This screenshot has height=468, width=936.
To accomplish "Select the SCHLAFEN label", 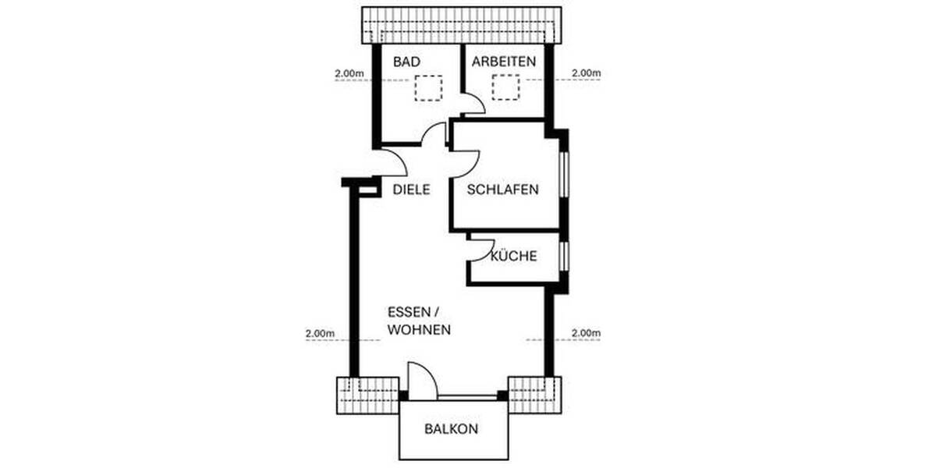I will point(503,190).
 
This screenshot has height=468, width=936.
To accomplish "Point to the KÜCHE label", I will point(514,255).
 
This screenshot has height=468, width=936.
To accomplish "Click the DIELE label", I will point(412,190).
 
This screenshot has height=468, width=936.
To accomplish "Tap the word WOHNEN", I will point(420,330).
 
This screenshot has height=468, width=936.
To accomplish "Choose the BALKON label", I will point(452,429).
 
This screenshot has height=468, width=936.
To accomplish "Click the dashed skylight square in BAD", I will point(427,88).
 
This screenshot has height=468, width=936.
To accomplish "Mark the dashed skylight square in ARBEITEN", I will point(506,88).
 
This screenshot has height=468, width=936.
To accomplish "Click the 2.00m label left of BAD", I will point(349,74).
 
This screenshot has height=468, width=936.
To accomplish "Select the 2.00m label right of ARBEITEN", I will point(586,74).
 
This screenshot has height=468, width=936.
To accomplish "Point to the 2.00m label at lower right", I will point(586,333).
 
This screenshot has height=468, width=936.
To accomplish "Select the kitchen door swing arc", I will point(477,249).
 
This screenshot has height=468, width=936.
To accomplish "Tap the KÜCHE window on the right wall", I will point(564,255).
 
